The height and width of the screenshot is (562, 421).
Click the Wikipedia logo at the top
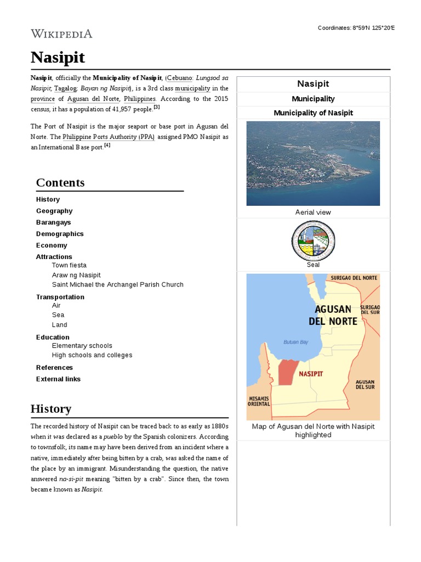[x=61, y=34]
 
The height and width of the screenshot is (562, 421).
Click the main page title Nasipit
[x=58, y=57]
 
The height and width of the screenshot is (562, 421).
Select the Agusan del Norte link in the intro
[x=93, y=99]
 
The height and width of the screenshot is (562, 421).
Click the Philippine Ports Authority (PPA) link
[x=109, y=137]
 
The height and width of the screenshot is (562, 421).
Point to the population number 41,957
[x=132, y=109]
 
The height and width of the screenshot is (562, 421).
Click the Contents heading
[x=60, y=183]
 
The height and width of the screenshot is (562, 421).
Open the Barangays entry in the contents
[x=53, y=222]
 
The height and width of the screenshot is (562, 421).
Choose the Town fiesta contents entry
[x=69, y=265]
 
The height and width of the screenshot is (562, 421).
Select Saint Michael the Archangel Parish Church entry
[x=117, y=285]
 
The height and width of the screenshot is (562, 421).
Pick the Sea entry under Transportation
[x=58, y=315]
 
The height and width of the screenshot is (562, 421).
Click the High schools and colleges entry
[x=92, y=355]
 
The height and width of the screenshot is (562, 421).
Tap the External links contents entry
[x=58, y=379]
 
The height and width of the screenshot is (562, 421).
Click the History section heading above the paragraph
[x=51, y=409]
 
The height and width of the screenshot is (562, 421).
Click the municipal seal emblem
[x=313, y=240]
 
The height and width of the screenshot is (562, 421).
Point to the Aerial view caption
[x=313, y=212]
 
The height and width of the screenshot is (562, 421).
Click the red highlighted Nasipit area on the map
[x=286, y=373]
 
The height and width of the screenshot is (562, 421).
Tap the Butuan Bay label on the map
[x=296, y=342]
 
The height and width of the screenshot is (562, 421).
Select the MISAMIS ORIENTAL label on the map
[x=259, y=401]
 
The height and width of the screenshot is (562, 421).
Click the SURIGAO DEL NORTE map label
[x=354, y=278]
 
